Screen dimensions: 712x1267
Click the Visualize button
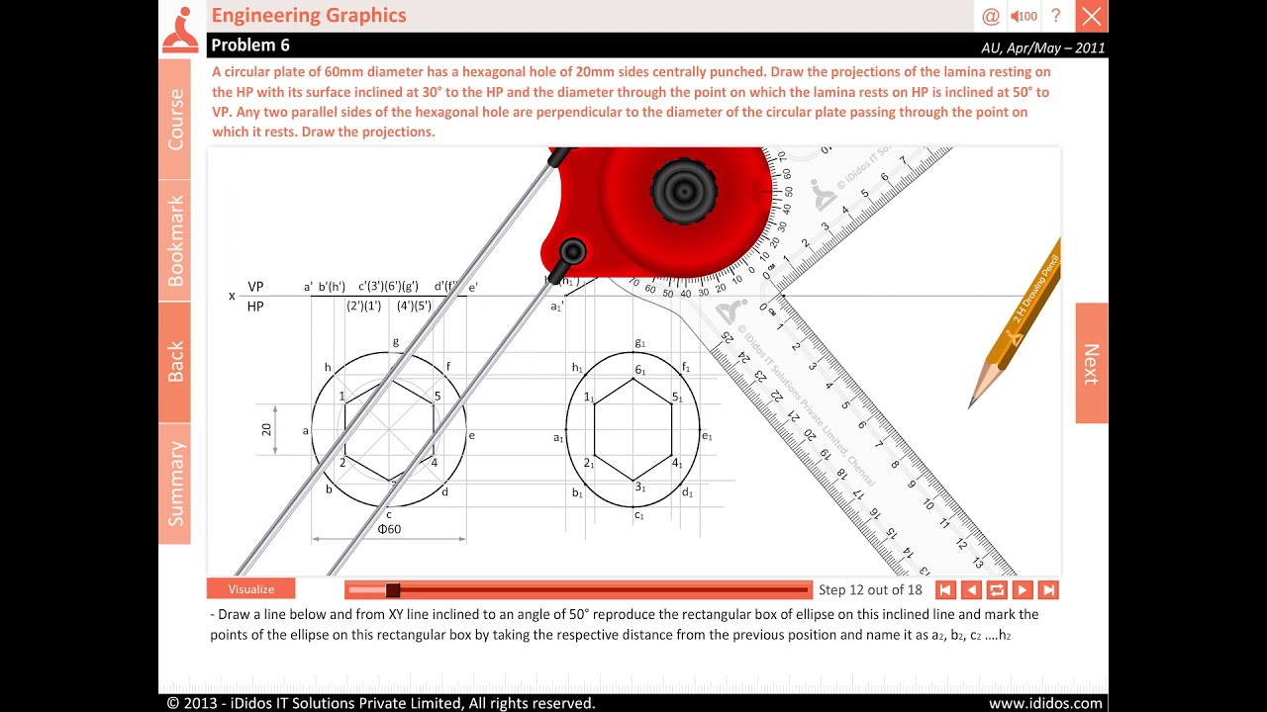pyautogui.click(x=251, y=589)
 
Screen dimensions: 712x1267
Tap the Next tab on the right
pyautogui.click(x=1091, y=363)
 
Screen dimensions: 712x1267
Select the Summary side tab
pyautogui.click(x=175, y=484)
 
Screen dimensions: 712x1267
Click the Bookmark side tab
pyautogui.click(x=175, y=240)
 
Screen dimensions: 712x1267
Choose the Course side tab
pyautogui.click(x=175, y=119)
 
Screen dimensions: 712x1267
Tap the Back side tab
pyautogui.click(x=175, y=362)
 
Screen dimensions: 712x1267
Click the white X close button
pyautogui.click(x=1091, y=16)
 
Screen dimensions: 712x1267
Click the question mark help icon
pyautogui.click(x=1055, y=16)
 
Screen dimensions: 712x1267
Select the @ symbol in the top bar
pyautogui.click(x=990, y=16)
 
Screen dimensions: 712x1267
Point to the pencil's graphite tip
pyautogui.click(x=972, y=403)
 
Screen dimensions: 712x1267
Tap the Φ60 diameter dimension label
pyautogui.click(x=389, y=529)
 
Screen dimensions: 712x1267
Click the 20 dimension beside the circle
pyautogui.click(x=266, y=429)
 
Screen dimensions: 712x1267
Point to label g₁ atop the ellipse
pyautogui.click(x=639, y=343)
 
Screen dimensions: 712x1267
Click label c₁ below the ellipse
pyautogui.click(x=638, y=515)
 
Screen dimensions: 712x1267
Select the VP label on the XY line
pyautogui.click(x=255, y=287)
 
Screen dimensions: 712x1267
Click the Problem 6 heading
pyautogui.click(x=250, y=45)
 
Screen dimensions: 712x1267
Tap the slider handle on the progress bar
pyautogui.click(x=393, y=590)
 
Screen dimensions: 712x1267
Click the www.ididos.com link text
pyautogui.click(x=1045, y=703)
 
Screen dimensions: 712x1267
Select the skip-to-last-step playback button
pyautogui.click(x=1048, y=590)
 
